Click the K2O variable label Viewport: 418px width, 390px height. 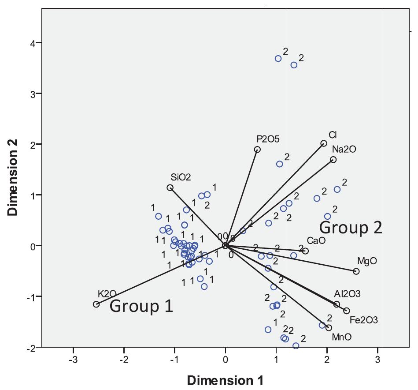click(x=107, y=294)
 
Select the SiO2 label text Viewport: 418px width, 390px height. click(x=181, y=177)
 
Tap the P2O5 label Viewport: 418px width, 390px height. click(x=267, y=139)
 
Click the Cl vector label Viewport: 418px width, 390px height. click(x=333, y=135)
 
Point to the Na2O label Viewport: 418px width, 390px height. click(x=344, y=149)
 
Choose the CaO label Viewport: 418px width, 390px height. click(x=316, y=240)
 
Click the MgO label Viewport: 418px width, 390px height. click(x=367, y=261)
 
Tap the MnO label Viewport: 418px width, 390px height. click(x=341, y=337)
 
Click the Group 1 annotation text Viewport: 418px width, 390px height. click(x=141, y=306)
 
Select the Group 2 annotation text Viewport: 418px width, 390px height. click(x=351, y=228)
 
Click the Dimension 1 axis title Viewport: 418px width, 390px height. click(x=226, y=380)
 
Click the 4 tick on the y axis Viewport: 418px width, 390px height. click(x=33, y=42)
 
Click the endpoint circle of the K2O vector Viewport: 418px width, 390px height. click(x=96, y=304)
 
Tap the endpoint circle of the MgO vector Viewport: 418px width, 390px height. click(x=356, y=271)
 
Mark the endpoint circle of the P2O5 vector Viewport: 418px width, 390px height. click(x=257, y=150)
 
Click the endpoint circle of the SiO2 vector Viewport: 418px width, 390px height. click(x=170, y=187)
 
